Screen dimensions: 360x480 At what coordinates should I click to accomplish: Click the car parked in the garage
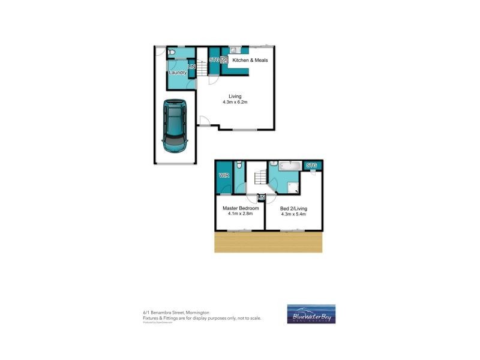175,126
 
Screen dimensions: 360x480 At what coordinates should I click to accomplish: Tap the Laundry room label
178,73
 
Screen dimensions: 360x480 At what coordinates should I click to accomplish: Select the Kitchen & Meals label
250,61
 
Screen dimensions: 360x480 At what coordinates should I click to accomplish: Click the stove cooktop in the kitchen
224,59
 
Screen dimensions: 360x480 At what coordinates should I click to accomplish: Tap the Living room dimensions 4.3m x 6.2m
235,103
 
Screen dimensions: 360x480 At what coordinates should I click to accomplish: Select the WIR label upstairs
224,176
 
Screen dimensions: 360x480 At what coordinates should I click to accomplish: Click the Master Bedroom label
241,208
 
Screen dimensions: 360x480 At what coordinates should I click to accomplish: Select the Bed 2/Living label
293,208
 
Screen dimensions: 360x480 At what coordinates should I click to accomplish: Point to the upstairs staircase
259,178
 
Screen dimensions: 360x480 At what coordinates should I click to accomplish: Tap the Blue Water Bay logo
311,314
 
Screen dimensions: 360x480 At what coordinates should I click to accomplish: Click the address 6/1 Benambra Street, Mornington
176,313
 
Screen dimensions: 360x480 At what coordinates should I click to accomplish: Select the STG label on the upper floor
312,166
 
